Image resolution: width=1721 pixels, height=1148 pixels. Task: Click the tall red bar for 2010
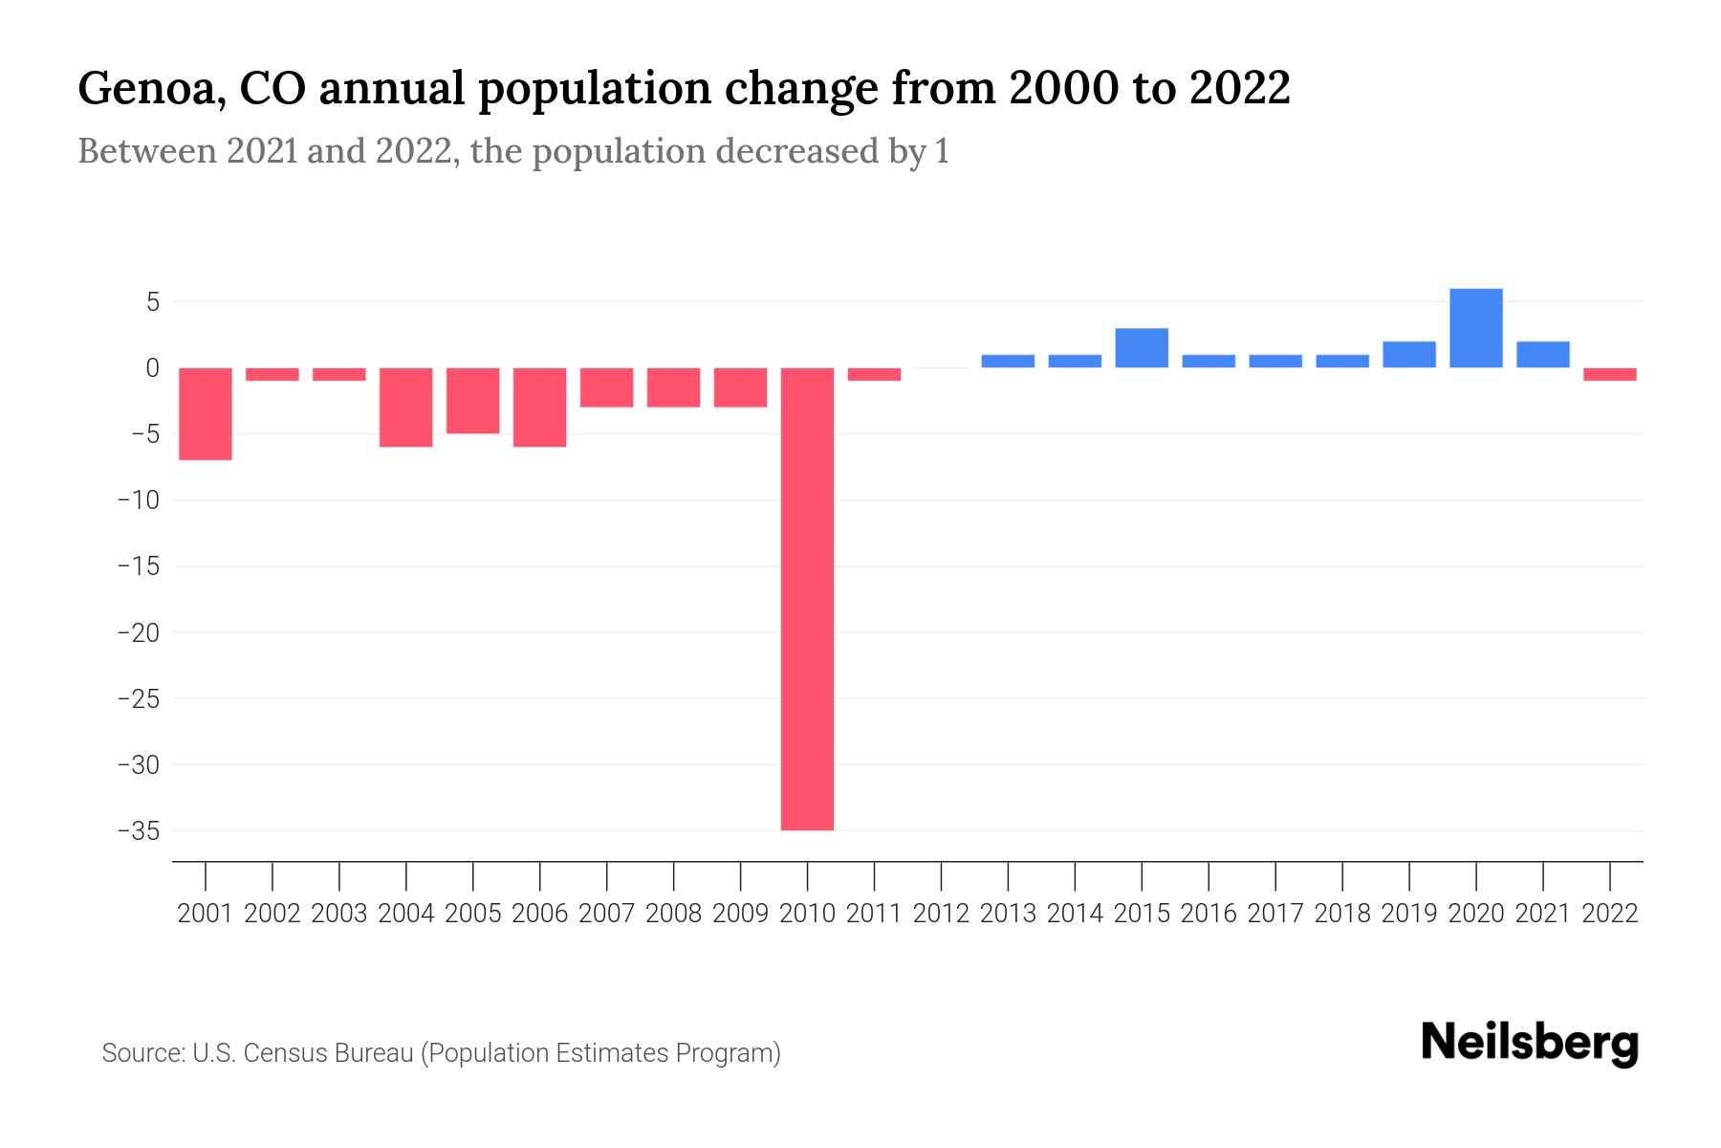pyautogui.click(x=807, y=598)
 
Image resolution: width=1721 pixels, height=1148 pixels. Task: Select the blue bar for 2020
pyautogui.click(x=1475, y=328)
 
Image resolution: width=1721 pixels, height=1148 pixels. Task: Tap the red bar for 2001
pyautogui.click(x=206, y=413)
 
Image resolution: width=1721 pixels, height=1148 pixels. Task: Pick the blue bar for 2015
pyautogui.click(x=1142, y=348)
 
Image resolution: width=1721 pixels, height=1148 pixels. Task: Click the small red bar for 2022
pyautogui.click(x=1609, y=374)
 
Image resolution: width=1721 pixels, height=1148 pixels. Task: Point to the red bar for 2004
pyautogui.click(x=406, y=407)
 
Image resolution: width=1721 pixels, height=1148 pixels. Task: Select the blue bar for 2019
pyautogui.click(x=1408, y=355)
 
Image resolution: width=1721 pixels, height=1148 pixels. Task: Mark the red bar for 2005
pyautogui.click(x=473, y=400)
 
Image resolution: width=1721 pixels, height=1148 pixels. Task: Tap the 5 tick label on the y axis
pyautogui.click(x=151, y=302)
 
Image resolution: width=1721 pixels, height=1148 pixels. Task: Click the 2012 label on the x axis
pyautogui.click(x=941, y=914)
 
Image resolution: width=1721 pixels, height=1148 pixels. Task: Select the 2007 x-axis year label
pyautogui.click(x=606, y=914)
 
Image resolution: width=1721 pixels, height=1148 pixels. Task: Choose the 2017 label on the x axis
pyautogui.click(x=1274, y=914)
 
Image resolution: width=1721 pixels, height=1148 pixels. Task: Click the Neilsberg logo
pyautogui.click(x=1530, y=1044)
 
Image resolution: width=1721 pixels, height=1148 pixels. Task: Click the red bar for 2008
pyautogui.click(x=673, y=387)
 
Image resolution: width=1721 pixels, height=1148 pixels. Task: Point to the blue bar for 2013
pyautogui.click(x=1008, y=362)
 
